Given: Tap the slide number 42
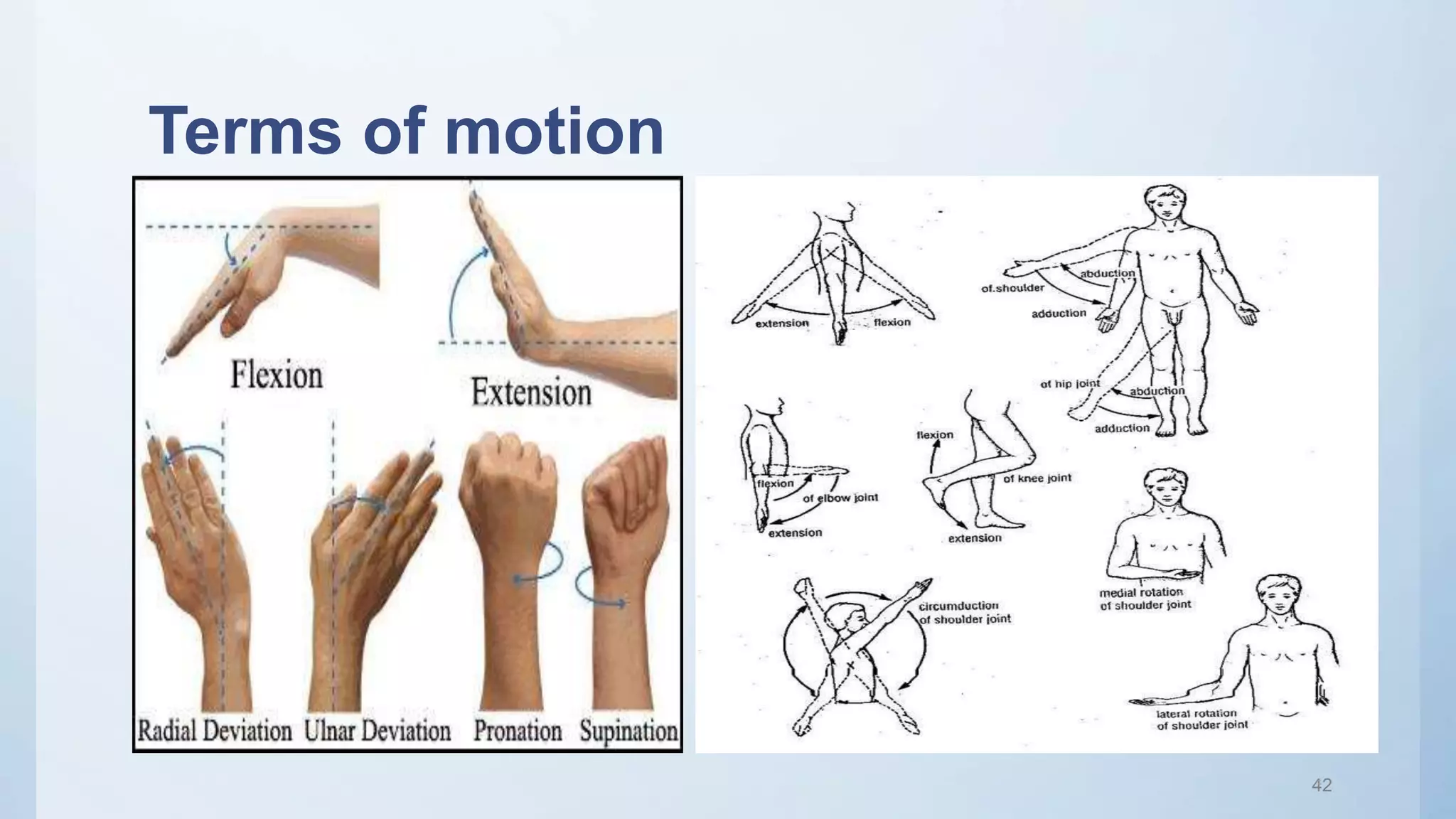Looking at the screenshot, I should (x=1321, y=785).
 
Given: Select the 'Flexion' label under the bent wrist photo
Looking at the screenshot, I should (x=277, y=375).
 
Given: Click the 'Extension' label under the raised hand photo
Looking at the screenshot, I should (x=531, y=392).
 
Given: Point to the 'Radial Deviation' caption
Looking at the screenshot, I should (x=214, y=731).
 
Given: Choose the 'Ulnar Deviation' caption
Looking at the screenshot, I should (x=378, y=731).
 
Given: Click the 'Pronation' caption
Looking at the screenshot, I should (x=518, y=731).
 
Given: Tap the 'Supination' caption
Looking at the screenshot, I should (x=628, y=731).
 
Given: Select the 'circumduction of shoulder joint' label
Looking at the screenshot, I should (x=964, y=612).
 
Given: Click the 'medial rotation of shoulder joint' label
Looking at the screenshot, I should (x=1145, y=599).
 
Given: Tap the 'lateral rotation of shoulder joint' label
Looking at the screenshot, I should (x=1201, y=719).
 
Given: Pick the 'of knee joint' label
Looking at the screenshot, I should (x=1037, y=478).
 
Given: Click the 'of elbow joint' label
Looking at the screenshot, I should (x=840, y=498).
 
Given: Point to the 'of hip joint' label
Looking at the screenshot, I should (x=1069, y=384).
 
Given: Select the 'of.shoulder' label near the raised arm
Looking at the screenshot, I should (x=1012, y=288).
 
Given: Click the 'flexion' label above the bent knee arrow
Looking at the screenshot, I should (x=935, y=434).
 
